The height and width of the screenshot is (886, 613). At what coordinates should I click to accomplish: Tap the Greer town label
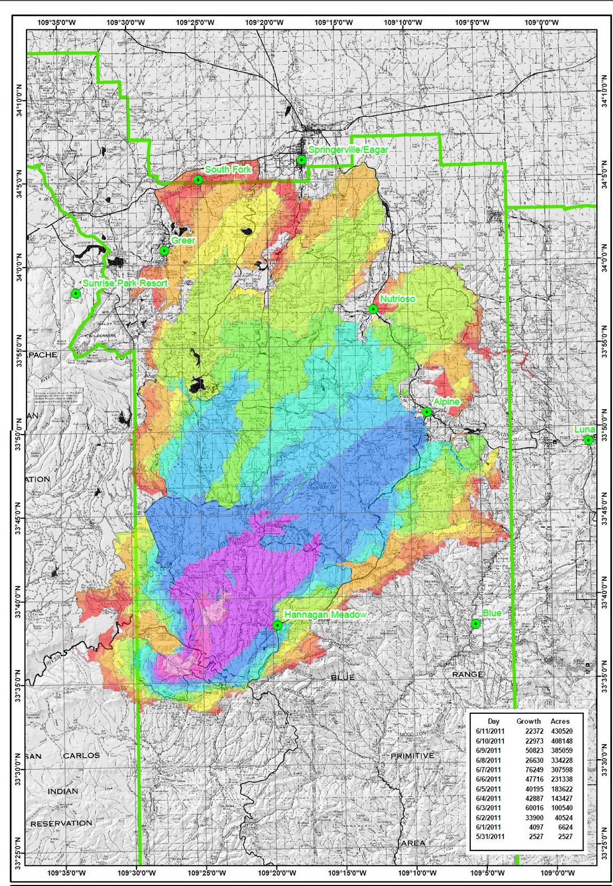183,240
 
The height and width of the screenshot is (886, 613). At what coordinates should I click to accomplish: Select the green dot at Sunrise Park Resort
76,293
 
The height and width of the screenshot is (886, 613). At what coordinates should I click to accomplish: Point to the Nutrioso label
398,299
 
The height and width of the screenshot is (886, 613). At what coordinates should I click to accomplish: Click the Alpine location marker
427,412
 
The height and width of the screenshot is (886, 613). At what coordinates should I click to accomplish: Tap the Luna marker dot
589,440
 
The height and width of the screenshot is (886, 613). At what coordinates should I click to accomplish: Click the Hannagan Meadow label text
325,615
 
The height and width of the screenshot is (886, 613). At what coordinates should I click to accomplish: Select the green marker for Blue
476,624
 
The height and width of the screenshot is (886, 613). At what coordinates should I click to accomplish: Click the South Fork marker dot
198,180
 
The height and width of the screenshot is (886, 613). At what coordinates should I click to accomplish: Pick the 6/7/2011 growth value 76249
528,770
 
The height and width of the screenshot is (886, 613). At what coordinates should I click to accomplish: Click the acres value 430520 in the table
561,732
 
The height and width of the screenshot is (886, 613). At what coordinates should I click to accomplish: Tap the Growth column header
528,721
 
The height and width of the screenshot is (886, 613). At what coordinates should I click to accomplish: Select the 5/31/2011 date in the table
490,837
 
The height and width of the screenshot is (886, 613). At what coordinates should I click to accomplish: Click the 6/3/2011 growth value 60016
528,808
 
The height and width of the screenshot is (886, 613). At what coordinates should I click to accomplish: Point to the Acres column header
560,721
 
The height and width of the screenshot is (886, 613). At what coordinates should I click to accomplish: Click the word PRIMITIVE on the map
413,756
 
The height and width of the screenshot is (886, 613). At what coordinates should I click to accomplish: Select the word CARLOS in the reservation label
81,755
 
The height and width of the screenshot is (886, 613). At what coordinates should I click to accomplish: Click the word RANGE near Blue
468,674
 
